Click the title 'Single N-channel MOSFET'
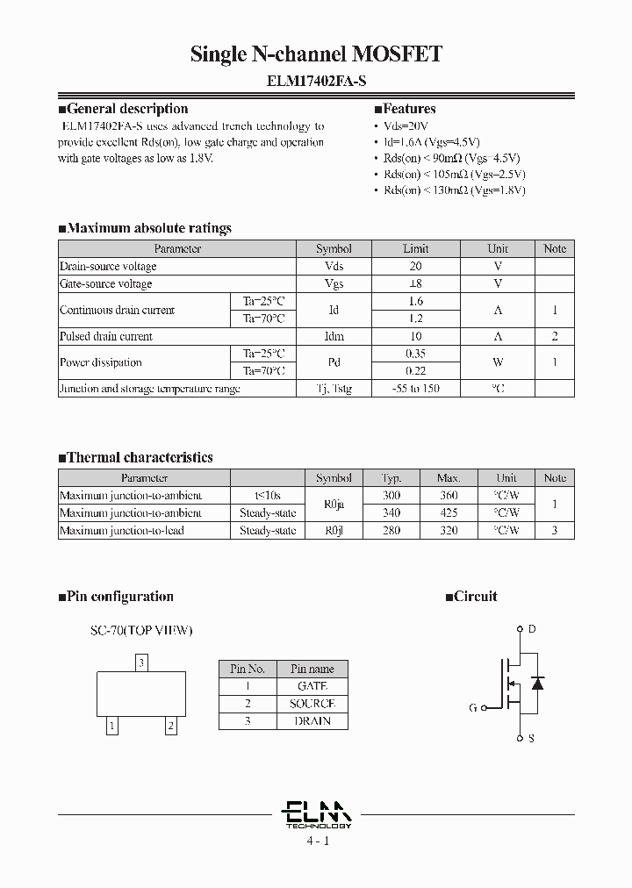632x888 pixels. click(316, 54)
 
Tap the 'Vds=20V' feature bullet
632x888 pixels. click(409, 125)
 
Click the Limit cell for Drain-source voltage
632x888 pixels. click(415, 266)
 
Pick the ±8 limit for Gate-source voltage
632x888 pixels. click(415, 283)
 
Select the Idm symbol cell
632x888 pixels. click(334, 336)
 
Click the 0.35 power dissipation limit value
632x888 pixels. click(415, 354)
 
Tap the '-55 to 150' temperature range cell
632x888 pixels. click(415, 388)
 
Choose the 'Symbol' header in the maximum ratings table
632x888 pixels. click(334, 248)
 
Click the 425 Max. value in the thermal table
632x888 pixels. click(449, 512)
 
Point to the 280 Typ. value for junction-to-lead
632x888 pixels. click(391, 530)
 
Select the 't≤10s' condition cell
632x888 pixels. click(268, 496)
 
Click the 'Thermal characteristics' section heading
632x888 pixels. click(136, 457)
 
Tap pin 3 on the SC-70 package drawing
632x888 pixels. click(141, 662)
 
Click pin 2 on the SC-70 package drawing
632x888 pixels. click(171, 726)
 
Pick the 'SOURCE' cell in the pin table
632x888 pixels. click(312, 704)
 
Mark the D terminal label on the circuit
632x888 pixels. click(532, 629)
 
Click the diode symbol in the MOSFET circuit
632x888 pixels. click(539, 683)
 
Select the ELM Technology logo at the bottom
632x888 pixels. click(318, 813)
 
